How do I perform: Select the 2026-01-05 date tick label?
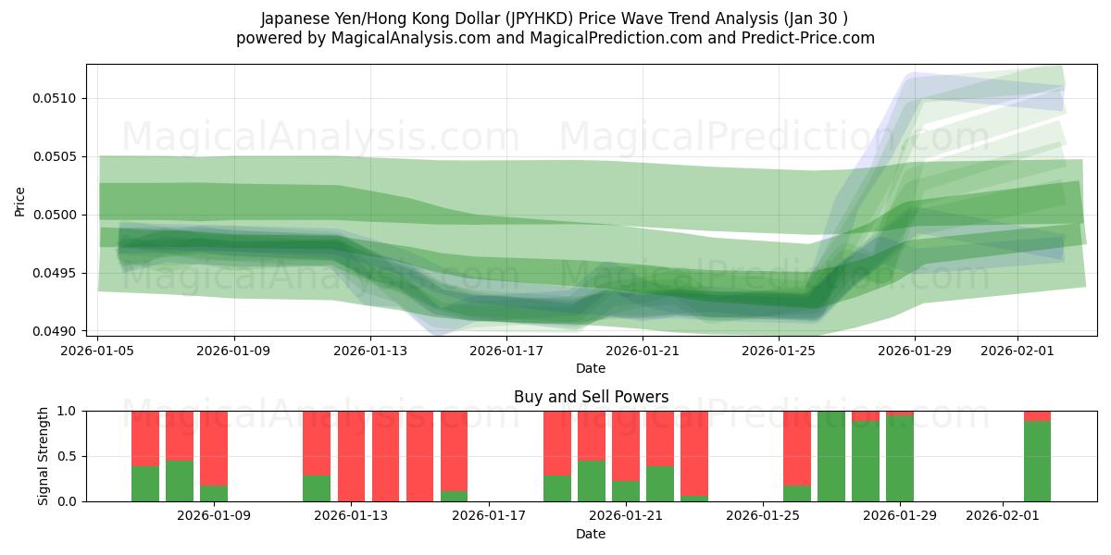click(98, 351)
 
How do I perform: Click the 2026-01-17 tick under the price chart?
click(506, 351)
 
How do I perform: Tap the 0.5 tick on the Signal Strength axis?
click(69, 456)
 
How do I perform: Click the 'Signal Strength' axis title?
click(44, 456)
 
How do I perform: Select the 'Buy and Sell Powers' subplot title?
click(591, 397)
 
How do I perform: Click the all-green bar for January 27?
click(831, 456)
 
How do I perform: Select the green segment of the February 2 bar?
click(1037, 462)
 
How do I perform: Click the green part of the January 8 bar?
click(180, 481)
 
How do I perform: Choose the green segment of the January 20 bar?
click(592, 481)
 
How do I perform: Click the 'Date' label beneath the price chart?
click(591, 368)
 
